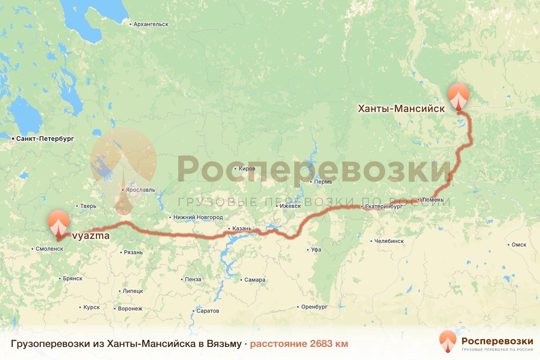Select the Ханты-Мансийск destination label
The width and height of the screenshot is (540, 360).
(401, 108)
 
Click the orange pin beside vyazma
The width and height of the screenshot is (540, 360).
(58, 222)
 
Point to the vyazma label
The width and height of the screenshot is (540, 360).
(90, 235)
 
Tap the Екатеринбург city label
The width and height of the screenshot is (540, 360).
(382, 207)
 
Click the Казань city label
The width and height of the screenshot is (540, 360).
(242, 229)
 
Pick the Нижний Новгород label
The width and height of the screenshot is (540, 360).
(198, 217)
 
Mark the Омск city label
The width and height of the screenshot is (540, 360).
(519, 245)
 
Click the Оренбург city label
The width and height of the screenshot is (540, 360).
(314, 307)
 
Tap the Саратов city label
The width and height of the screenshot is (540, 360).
(207, 311)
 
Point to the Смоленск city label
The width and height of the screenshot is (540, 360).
(49, 248)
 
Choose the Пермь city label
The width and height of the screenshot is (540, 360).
(323, 182)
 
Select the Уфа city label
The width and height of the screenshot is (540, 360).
(316, 249)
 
